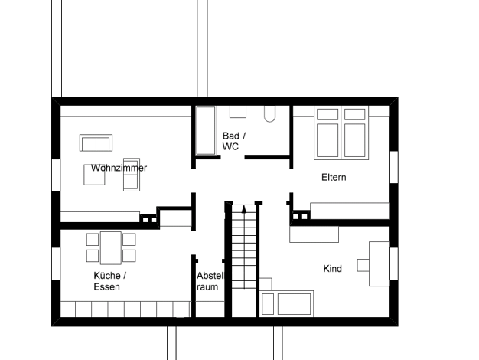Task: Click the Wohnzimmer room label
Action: click(x=119, y=168)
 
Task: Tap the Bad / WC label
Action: click(x=234, y=141)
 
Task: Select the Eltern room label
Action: click(x=334, y=178)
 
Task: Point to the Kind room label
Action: click(x=332, y=269)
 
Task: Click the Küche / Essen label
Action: click(x=110, y=281)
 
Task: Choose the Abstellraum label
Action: click(x=210, y=281)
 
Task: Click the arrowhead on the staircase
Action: click(x=244, y=209)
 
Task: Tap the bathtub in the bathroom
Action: click(x=206, y=131)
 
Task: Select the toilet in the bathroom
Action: click(x=270, y=114)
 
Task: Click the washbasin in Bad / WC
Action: click(x=238, y=112)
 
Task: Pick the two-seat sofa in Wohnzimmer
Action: click(x=96, y=142)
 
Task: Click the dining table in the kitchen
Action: click(x=111, y=247)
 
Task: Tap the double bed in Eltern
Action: click(x=341, y=133)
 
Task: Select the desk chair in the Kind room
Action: click(x=363, y=265)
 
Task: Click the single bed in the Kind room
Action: click(x=286, y=303)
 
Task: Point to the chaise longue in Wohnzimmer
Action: click(x=132, y=175)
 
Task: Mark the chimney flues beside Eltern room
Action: click(x=300, y=216)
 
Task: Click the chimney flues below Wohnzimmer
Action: click(x=150, y=219)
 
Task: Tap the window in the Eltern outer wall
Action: click(x=394, y=167)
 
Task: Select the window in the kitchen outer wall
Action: click(x=56, y=263)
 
